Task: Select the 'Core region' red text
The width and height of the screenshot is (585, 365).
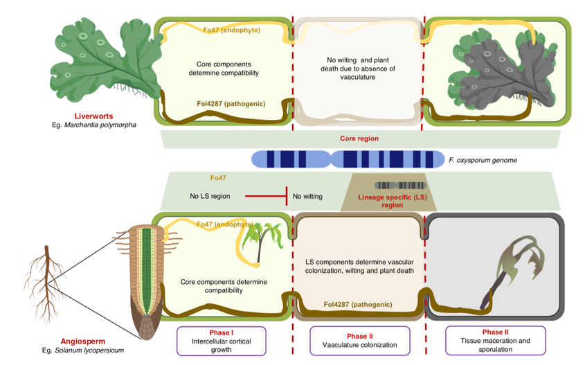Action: (x=359, y=139)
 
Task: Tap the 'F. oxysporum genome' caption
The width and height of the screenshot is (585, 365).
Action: (x=483, y=160)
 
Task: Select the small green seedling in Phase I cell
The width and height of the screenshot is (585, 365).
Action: (x=259, y=242)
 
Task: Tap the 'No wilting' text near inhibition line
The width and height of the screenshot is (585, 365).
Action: (x=307, y=197)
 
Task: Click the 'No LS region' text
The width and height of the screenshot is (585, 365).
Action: (x=210, y=197)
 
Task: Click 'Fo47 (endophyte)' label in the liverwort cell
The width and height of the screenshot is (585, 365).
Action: (x=232, y=30)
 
